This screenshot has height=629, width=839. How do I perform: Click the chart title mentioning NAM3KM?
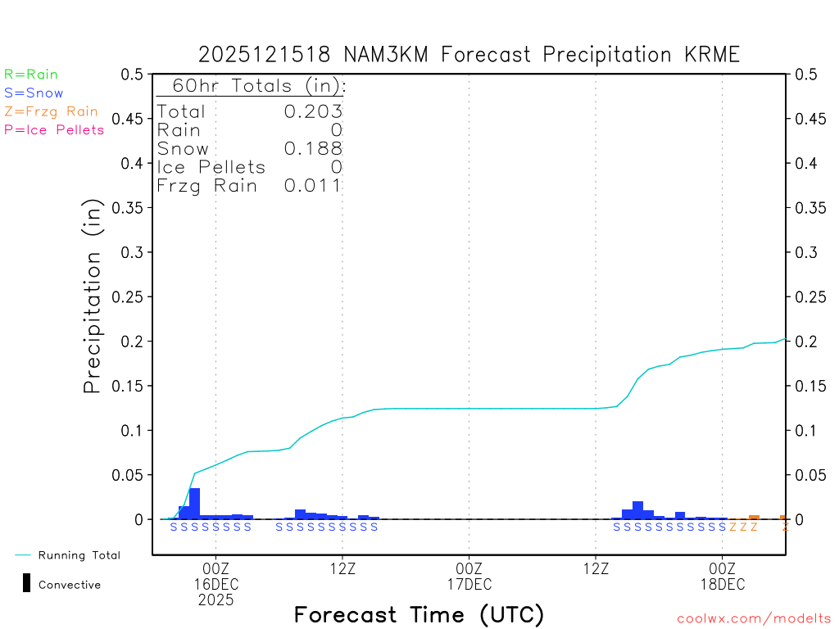[x=469, y=55]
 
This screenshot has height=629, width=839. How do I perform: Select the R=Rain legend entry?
[x=31, y=75]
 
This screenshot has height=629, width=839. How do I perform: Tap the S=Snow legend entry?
[x=34, y=93]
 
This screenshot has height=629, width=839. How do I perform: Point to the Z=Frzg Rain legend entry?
[x=51, y=111]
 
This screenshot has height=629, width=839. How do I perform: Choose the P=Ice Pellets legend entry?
[x=54, y=129]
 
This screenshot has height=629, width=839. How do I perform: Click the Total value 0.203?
[x=313, y=111]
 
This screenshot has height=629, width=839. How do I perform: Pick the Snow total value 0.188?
[x=313, y=148]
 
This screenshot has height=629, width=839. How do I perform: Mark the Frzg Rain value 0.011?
[x=313, y=186]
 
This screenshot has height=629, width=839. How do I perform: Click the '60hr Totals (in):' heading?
[x=252, y=86]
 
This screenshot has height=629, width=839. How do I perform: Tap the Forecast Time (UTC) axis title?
[x=419, y=614]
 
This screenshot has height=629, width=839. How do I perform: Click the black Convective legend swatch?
[x=27, y=583]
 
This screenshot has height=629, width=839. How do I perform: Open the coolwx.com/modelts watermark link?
[x=754, y=619]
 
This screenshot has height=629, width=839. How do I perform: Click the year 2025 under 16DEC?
[x=215, y=600]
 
